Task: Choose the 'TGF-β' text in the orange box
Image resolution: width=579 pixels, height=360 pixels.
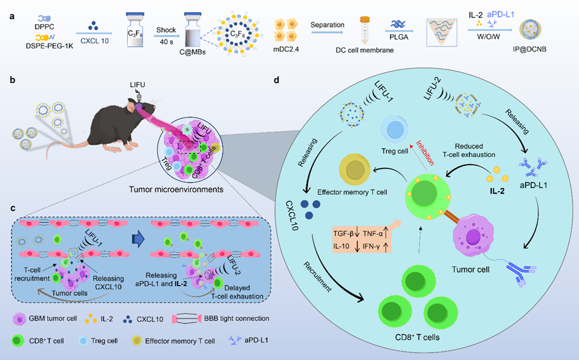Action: click(347, 234)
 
